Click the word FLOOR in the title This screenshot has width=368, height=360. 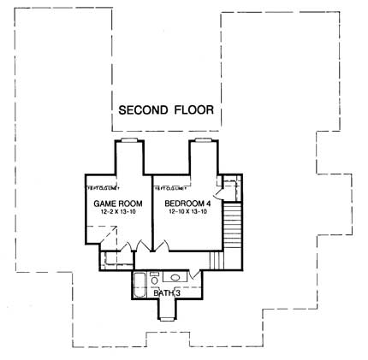point(192,110)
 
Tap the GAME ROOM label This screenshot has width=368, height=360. point(113,203)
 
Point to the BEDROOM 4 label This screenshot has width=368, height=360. point(182,203)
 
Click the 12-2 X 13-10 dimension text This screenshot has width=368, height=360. point(113,212)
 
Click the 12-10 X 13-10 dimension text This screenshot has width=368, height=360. point(182,212)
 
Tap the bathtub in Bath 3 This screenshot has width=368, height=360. point(142,280)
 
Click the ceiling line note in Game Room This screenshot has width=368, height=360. point(102,186)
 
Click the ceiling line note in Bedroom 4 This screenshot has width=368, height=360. point(170,186)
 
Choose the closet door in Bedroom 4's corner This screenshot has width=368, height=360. point(229,184)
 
